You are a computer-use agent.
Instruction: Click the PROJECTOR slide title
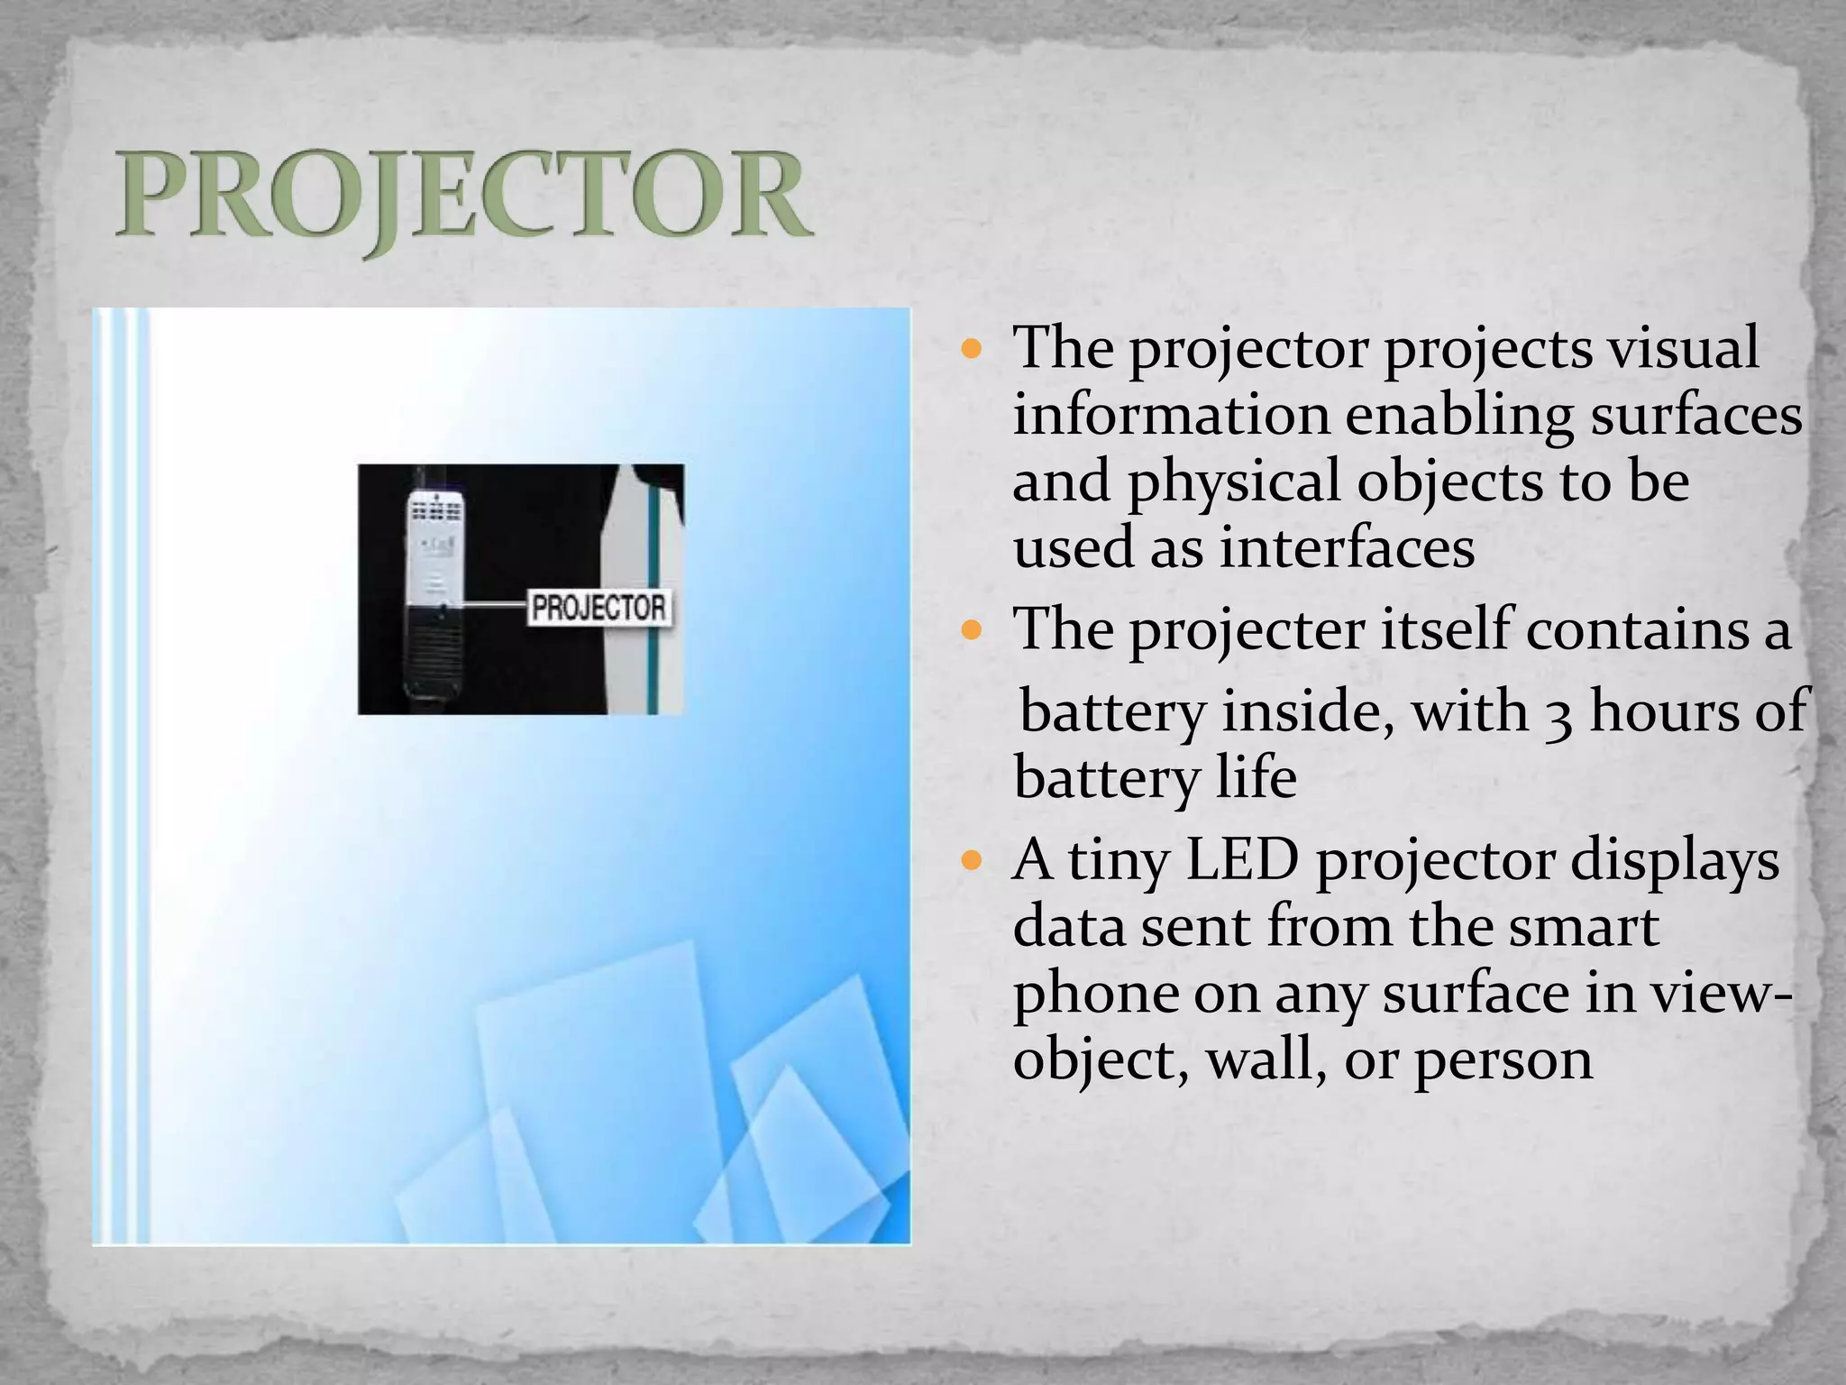(463, 197)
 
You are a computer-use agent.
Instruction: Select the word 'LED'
(1242, 860)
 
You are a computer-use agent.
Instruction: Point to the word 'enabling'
(1459, 417)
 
